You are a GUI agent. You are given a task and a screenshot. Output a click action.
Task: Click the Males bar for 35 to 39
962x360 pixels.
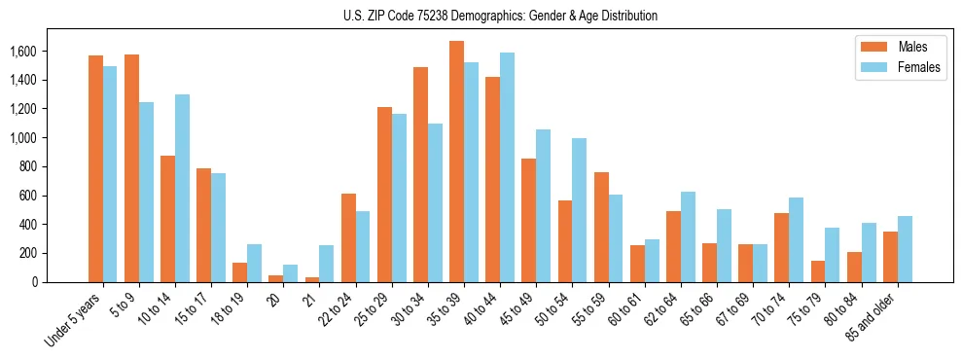coord(456,162)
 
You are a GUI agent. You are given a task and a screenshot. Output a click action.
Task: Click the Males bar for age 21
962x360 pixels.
coord(312,279)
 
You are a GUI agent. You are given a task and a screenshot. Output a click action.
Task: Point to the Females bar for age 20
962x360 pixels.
coord(291,273)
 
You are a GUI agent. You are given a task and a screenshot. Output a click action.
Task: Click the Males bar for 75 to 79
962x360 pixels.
coord(817,271)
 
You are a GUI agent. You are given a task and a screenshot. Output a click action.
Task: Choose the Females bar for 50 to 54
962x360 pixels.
coord(579,210)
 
